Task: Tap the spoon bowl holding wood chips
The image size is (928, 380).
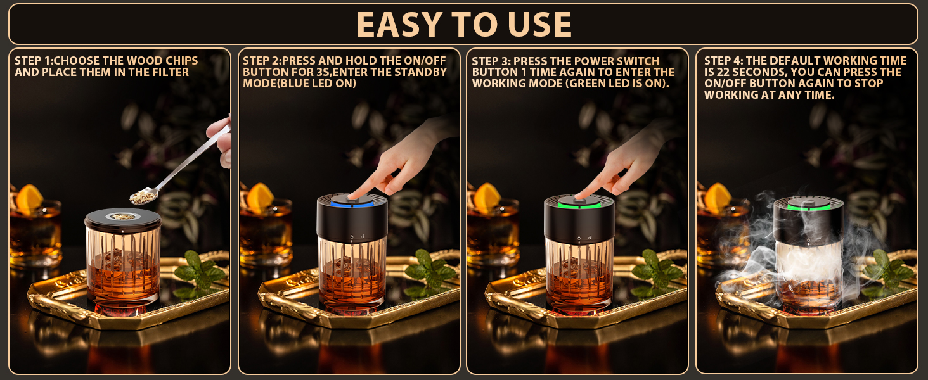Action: (x=143, y=196)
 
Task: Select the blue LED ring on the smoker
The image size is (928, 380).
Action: (x=352, y=204)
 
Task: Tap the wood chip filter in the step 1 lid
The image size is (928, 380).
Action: (x=122, y=217)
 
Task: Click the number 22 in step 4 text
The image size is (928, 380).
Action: (x=723, y=72)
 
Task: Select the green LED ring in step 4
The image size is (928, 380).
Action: (x=809, y=207)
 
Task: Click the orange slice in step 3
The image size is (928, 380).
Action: (x=487, y=197)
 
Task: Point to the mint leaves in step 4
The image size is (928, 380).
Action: (x=891, y=271)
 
